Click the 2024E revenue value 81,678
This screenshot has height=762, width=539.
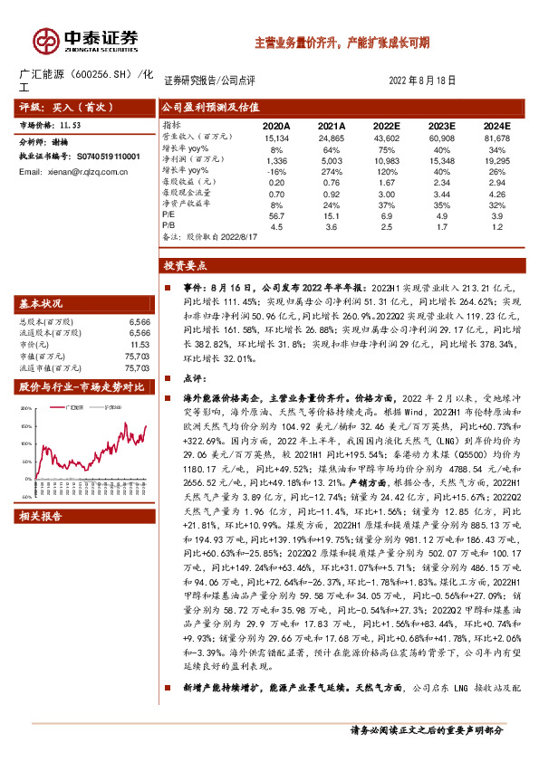pyautogui.click(x=492, y=137)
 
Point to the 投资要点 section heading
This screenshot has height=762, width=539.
pyautogui.click(x=185, y=266)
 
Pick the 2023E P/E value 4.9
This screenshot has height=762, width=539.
pyautogui.click(x=443, y=216)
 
